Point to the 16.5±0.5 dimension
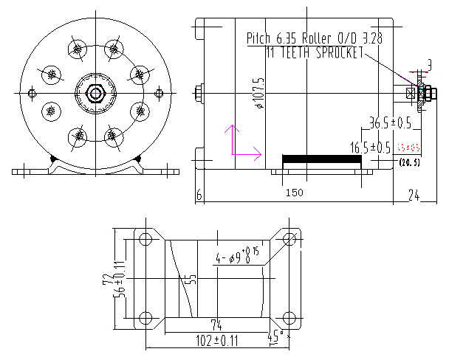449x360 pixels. tap(371, 148)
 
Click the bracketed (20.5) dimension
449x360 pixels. tap(409, 162)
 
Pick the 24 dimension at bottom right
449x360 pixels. tap(414, 195)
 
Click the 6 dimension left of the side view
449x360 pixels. tap(199, 195)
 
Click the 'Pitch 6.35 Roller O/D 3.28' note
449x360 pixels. tap(319, 38)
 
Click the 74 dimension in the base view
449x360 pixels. tap(216, 325)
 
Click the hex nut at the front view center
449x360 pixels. tap(95, 93)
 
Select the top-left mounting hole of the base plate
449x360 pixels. tap(145, 239)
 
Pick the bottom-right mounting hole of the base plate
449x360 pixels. tap(289, 318)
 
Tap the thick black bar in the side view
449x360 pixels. tap(321, 159)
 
